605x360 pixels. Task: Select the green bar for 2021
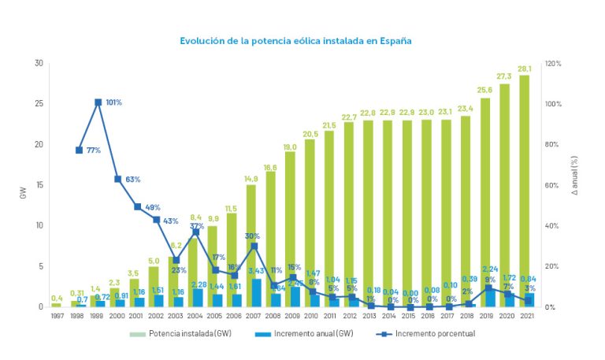[524, 189]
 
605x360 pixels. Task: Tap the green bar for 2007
[252, 236]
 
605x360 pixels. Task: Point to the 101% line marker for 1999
[98, 102]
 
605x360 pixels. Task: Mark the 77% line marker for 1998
[79, 150]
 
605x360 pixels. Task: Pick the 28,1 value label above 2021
[524, 68]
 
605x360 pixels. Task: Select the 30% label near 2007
[253, 236]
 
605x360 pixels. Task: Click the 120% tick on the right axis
[552, 63]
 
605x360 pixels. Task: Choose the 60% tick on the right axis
[552, 185]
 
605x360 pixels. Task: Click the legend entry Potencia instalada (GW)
[180, 333]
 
